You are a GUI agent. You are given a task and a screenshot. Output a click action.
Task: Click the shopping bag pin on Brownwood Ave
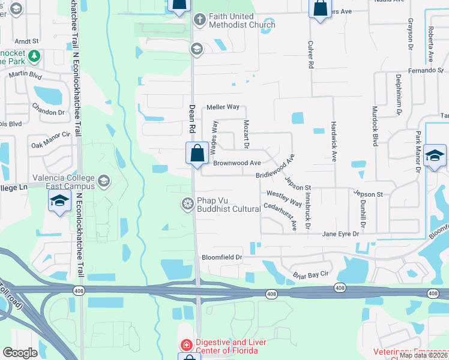click(197, 154)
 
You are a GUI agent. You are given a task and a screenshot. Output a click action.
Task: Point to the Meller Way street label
click(223, 107)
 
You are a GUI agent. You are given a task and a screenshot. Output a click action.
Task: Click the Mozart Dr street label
click(246, 133)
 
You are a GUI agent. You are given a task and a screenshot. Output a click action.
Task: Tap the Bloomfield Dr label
click(221, 257)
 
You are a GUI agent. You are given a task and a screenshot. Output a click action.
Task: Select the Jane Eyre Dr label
click(340, 234)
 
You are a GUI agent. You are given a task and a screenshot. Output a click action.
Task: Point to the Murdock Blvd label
click(375, 128)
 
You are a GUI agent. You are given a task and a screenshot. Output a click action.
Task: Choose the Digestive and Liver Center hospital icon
click(186, 346)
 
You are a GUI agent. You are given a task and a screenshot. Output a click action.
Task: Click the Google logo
click(20, 353)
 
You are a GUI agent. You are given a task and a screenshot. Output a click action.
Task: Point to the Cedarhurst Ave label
click(280, 216)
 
